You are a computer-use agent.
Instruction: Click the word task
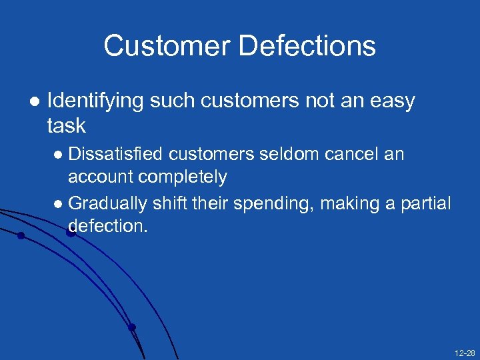[67, 125]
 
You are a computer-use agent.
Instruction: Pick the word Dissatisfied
[116, 154]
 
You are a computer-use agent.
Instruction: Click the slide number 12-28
[465, 351]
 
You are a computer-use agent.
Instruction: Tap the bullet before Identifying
[34, 101]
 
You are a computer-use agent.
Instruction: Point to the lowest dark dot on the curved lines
[132, 327]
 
